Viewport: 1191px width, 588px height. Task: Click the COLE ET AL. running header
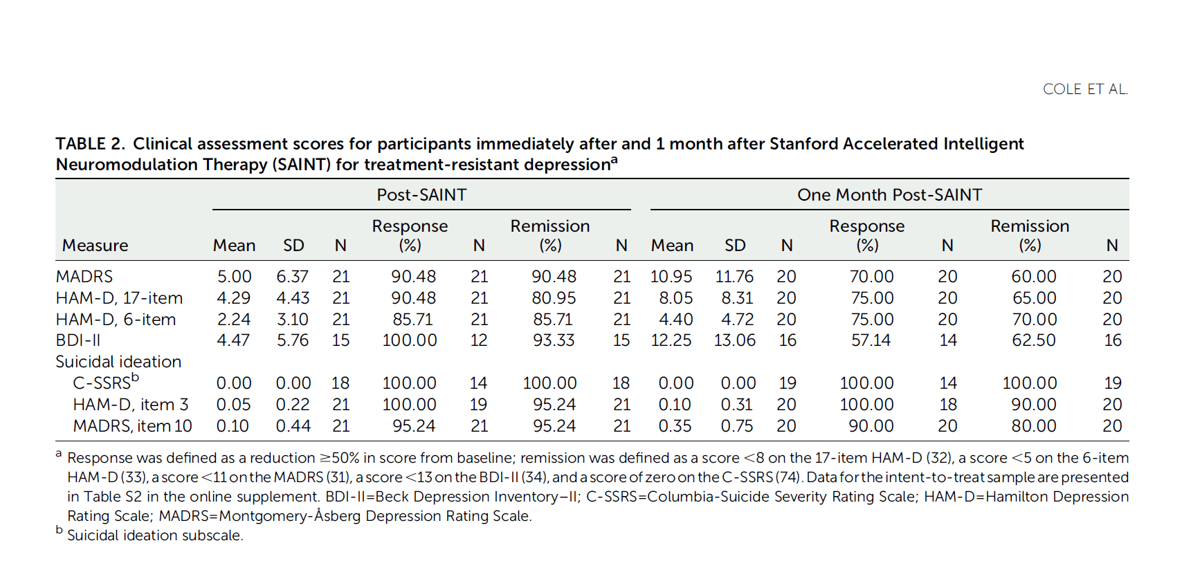point(1084,89)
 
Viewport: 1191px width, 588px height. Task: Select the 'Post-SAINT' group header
point(421,195)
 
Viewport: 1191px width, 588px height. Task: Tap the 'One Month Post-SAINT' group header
point(889,195)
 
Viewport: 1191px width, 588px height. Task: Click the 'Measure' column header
point(95,246)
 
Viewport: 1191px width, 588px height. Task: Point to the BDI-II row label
point(78,340)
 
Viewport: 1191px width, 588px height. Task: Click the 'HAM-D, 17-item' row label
point(119,298)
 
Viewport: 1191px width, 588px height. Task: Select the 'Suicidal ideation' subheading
point(118,362)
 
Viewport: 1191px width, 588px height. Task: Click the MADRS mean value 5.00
point(234,277)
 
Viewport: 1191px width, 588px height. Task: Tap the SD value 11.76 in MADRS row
point(734,277)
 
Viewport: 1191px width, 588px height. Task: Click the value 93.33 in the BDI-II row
point(554,340)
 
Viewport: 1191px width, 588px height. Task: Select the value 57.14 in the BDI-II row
point(871,340)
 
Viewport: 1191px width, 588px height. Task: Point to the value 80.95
point(554,298)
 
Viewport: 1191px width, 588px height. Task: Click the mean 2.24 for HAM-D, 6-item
point(233,320)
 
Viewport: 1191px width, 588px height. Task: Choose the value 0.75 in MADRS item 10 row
point(736,426)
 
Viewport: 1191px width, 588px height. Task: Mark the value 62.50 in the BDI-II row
point(1033,340)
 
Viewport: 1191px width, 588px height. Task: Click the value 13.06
point(734,340)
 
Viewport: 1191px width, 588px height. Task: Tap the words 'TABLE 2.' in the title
point(90,144)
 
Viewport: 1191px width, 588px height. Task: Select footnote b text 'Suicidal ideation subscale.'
point(155,535)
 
